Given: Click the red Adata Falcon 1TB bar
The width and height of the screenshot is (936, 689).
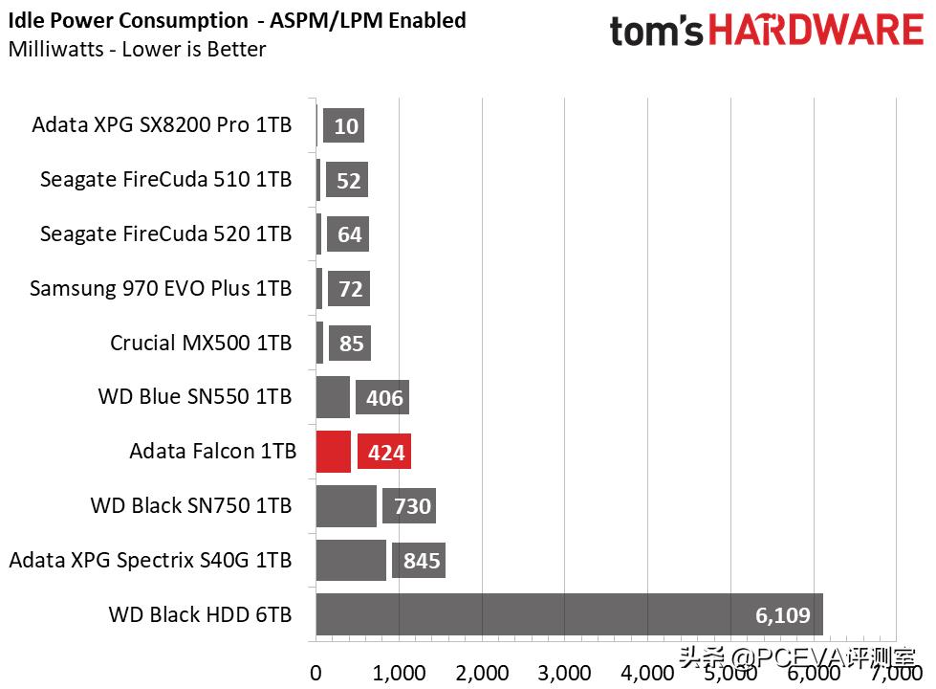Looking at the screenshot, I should coord(333,452).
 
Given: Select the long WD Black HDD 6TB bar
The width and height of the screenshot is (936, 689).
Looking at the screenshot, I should coord(569,615).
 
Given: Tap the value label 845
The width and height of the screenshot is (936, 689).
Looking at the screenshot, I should coord(422,561).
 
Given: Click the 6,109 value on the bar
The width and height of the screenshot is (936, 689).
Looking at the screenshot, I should coord(783,615).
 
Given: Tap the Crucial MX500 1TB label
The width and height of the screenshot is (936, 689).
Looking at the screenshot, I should coord(201,343).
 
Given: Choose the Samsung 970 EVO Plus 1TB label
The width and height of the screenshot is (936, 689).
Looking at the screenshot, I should coord(161,288).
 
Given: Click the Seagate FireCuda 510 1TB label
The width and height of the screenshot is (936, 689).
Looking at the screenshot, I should coord(165,179).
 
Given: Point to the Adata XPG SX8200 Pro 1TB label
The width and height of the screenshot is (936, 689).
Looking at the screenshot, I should coord(162,124).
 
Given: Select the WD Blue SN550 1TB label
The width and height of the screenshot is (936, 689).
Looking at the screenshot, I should coord(194,396).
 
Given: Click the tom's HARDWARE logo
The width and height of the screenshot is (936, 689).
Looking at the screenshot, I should coord(766,31).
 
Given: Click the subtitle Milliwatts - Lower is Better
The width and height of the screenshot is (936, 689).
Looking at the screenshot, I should coord(137,50).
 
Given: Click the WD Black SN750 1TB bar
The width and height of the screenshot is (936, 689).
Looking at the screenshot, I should coord(346,506).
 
